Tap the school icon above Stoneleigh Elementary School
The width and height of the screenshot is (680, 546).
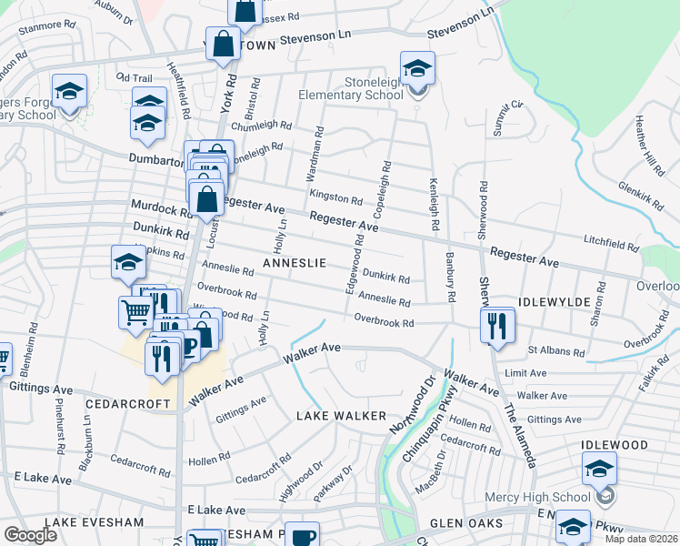pos(417,68)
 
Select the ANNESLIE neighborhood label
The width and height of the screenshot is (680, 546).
pos(294,262)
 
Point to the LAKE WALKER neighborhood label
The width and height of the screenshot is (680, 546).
pos(335,415)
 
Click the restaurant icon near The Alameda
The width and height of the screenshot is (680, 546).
pos(497,325)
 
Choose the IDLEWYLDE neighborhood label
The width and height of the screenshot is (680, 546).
pos(561,300)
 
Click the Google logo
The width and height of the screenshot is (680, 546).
pos(30,535)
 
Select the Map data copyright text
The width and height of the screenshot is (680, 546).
pos(642,539)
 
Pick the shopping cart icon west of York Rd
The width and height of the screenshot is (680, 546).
pos(135,312)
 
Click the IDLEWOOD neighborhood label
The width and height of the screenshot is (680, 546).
pos(615,445)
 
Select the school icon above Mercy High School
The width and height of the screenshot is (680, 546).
pos(599,470)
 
